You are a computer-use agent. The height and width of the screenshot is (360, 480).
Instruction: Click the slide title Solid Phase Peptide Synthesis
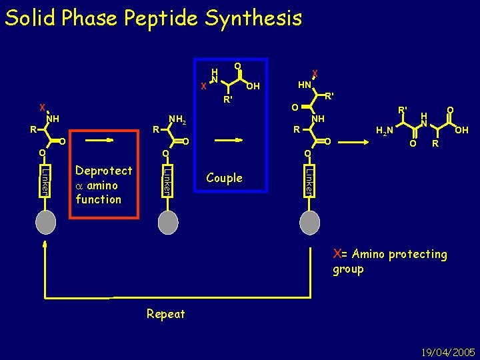[153, 18]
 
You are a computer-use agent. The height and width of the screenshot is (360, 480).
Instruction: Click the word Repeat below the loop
[165, 313]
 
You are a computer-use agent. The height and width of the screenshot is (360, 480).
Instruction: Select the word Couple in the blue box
[224, 178]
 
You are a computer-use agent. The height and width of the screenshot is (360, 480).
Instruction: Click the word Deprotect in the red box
[103, 171]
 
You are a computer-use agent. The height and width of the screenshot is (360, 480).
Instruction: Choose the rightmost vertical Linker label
[309, 180]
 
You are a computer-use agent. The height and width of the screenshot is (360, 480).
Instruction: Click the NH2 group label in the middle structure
[177, 121]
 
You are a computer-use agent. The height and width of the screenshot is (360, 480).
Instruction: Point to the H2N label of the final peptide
[385, 131]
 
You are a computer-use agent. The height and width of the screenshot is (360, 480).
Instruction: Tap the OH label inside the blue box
[253, 86]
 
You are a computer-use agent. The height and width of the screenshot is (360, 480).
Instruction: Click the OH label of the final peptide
[461, 131]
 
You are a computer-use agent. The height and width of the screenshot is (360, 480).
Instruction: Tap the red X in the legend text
[337, 253]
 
